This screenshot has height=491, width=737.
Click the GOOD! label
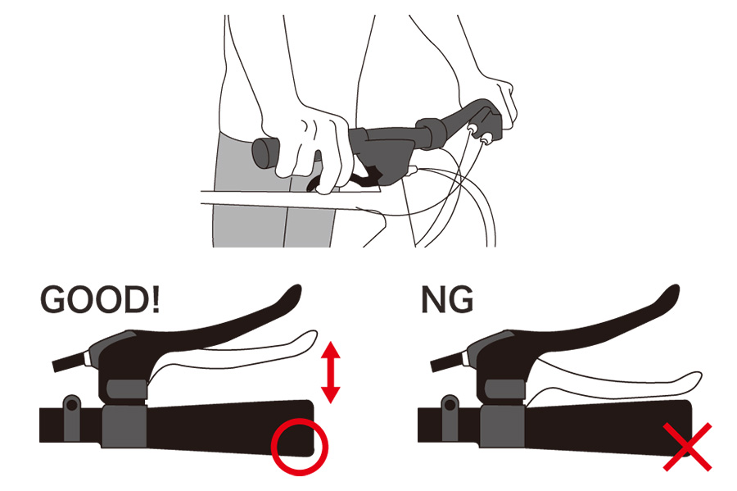click(x=100, y=299)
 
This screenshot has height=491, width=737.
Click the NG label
click(x=447, y=299)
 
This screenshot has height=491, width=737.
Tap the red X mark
click(x=687, y=447)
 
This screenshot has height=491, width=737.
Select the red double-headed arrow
click(x=331, y=372)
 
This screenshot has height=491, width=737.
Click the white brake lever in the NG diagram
click(x=611, y=381)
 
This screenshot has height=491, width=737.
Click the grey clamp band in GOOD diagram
click(x=124, y=425)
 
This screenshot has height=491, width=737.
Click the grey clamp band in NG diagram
click(x=502, y=425)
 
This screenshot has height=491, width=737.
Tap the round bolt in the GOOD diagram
click(x=72, y=404)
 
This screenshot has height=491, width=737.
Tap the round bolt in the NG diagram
click(x=450, y=404)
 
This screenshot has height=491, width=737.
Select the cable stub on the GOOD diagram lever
click(x=70, y=362)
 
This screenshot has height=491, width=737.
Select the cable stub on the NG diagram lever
click(x=449, y=362)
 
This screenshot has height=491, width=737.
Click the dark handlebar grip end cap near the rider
click(x=265, y=152)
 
